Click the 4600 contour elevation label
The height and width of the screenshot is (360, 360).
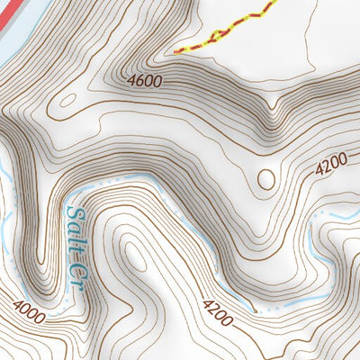[145, 82]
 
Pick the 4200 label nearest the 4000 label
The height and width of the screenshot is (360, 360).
[219, 313]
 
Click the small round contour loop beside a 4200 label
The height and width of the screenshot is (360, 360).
[266, 178]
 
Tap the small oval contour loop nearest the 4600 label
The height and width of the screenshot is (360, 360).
[66, 100]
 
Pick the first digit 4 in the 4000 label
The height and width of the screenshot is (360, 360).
[16, 306]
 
